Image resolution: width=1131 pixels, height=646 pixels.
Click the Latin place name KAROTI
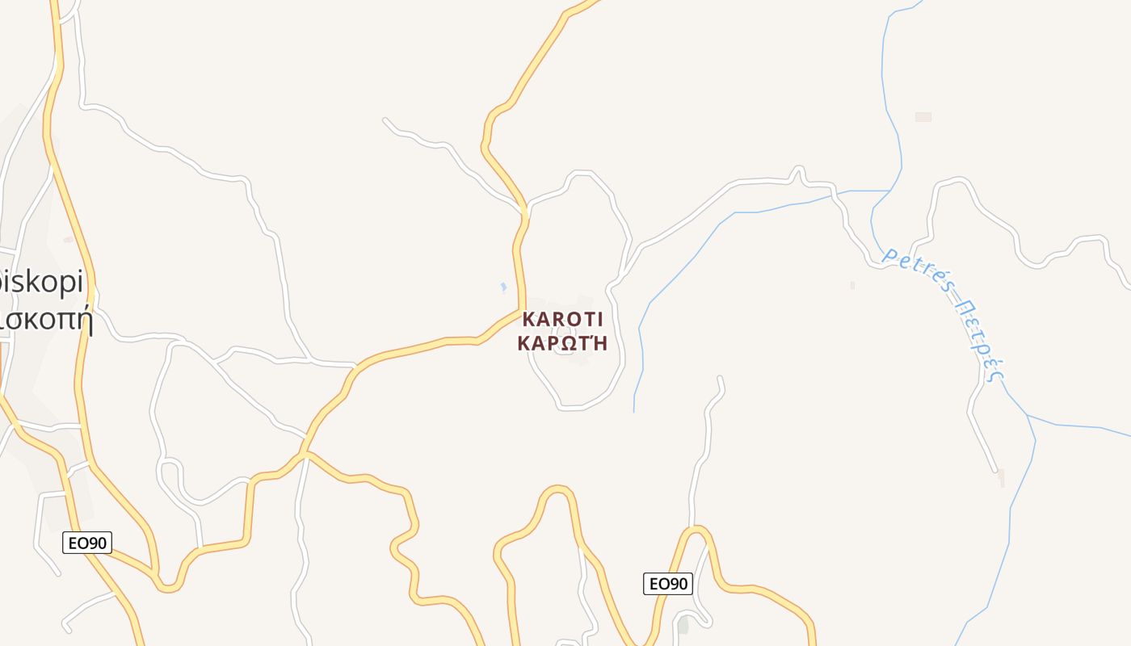(563, 319)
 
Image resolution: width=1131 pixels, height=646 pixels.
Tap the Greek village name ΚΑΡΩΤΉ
(563, 342)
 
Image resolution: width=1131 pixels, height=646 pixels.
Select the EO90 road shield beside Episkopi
(87, 543)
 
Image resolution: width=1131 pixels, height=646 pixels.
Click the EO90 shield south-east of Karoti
(668, 584)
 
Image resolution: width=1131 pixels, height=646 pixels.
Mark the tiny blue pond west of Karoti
(503, 287)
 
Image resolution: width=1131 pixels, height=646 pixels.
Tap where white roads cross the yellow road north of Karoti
(525, 212)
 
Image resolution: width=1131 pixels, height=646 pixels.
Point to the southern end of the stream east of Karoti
(634, 411)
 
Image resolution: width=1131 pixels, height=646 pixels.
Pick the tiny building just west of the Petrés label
(852, 285)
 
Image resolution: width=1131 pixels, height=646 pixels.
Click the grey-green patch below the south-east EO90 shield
(683, 624)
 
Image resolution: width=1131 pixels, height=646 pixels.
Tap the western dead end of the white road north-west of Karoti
(385, 120)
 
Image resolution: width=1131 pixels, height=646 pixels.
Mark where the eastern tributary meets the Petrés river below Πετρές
(1028, 416)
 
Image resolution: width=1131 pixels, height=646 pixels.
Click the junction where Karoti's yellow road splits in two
(305, 455)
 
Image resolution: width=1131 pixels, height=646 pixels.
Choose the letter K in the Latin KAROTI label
(529, 319)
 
